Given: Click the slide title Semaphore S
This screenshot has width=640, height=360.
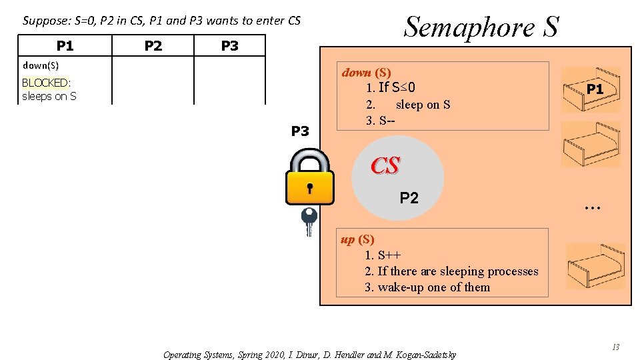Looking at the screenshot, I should (x=481, y=27).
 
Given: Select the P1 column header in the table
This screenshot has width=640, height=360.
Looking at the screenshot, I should (x=65, y=45).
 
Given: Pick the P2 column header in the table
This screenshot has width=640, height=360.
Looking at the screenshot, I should (x=153, y=45).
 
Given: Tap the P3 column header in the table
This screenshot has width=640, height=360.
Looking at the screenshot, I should (x=229, y=45).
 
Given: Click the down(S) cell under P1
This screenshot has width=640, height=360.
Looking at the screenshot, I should (x=41, y=65).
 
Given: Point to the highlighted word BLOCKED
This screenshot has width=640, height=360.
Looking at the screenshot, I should (x=45, y=83).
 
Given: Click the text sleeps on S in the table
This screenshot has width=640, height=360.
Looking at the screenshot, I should (x=49, y=96).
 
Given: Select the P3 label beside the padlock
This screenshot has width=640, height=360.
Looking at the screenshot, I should (x=300, y=131).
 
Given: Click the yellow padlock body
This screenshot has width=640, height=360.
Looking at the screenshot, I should (x=309, y=187).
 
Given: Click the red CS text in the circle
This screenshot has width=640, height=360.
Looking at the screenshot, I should (x=385, y=166).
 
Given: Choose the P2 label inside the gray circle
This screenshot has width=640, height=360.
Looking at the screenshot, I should (x=409, y=197).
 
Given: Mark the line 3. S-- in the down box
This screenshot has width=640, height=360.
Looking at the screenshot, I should (x=381, y=121).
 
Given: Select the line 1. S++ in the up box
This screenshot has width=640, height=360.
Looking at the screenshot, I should (x=383, y=255).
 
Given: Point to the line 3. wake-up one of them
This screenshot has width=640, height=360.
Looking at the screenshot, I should (x=427, y=287).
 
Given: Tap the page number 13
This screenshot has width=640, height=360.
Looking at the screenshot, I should (x=616, y=347).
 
